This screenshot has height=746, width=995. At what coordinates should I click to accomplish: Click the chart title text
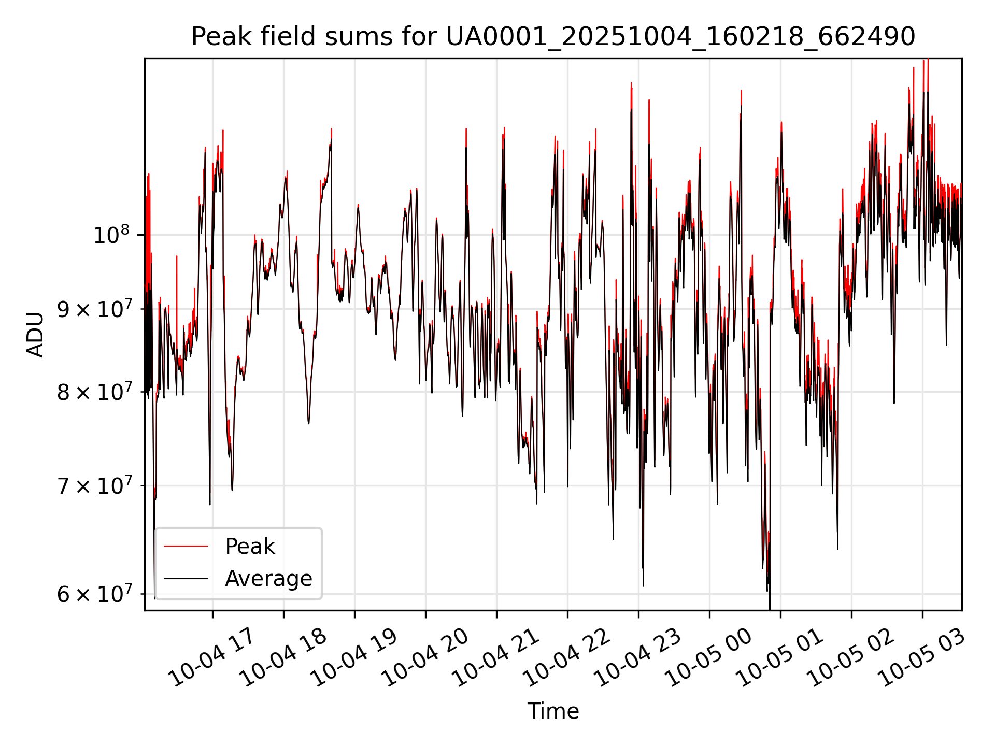pyautogui.click(x=553, y=37)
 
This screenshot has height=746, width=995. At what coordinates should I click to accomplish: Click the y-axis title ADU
pyautogui.click(x=35, y=334)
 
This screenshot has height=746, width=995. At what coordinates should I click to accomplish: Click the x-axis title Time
pyautogui.click(x=553, y=711)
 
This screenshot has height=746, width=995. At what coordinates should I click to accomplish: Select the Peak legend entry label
pyautogui.click(x=250, y=546)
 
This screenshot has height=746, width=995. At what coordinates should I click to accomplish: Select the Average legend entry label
pyautogui.click(x=268, y=578)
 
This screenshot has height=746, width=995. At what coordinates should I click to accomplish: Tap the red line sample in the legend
pyautogui.click(x=186, y=546)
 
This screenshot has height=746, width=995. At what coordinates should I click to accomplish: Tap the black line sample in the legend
pyautogui.click(x=186, y=578)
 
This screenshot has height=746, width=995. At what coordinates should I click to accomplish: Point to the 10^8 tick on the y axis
pyautogui.click(x=111, y=235)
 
